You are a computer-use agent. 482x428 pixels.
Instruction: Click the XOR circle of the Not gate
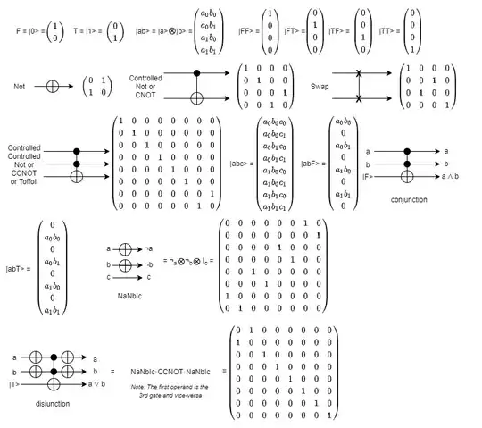(51, 87)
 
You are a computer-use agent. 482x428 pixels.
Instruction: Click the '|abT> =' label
(19, 267)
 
